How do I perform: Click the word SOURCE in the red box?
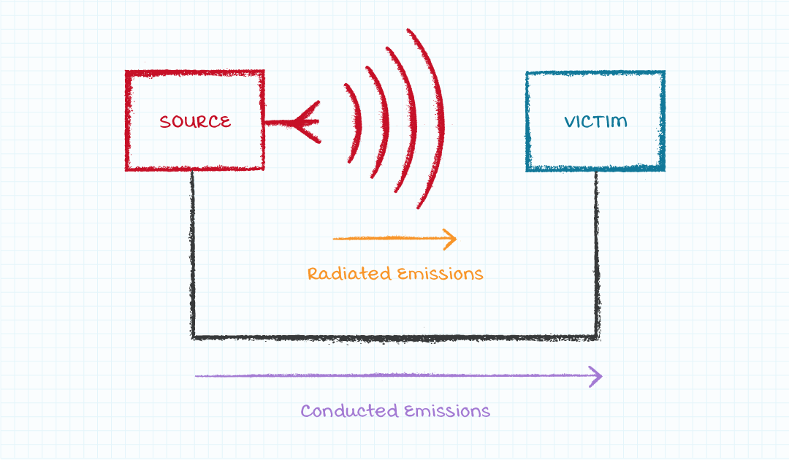pos(195,122)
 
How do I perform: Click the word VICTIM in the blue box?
pos(595,121)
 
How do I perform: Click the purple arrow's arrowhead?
pos(596,377)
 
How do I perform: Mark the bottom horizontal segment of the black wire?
pos(394,337)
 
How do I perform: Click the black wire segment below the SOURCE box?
pos(193,256)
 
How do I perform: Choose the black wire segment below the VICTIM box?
pos(597,256)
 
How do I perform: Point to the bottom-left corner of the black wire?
pos(194,337)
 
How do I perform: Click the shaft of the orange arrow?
pos(387,238)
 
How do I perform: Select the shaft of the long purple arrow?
pos(394,376)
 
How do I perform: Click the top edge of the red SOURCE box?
pos(195,73)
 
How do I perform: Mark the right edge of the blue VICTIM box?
pos(663,121)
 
